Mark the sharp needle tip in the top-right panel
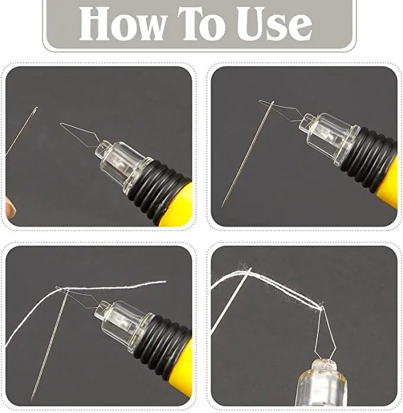click(223, 205)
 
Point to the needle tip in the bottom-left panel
click(32, 398)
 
